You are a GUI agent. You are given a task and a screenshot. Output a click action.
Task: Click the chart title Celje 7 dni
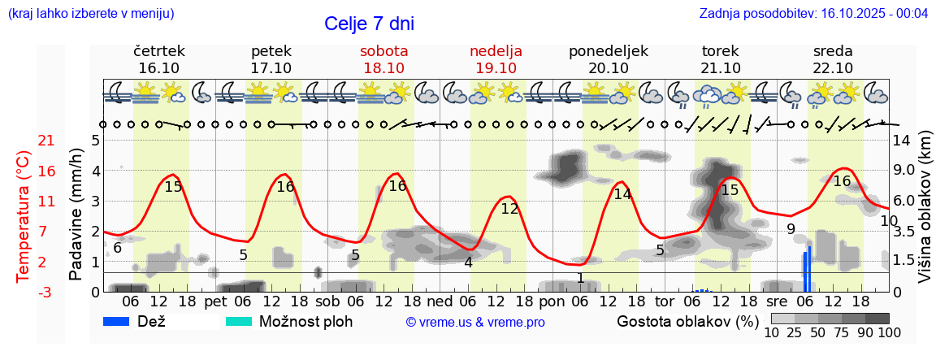[x=375, y=24]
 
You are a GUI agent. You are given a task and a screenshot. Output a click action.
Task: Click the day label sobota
[x=383, y=51]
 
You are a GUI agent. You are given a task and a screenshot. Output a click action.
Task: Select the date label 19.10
[x=496, y=68]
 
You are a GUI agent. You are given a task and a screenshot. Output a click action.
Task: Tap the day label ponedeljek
[x=609, y=51]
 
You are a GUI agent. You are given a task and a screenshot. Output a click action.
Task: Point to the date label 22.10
[x=833, y=68]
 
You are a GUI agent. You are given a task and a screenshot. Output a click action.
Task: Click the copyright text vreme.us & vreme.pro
[x=475, y=322]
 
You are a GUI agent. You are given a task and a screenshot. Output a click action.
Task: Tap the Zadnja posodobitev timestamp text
[x=813, y=14]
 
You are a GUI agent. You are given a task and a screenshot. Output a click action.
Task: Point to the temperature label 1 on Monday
[x=580, y=278]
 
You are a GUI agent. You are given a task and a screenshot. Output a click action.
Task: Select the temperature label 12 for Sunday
[x=509, y=209]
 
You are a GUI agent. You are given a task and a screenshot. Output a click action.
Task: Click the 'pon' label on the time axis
[x=552, y=301]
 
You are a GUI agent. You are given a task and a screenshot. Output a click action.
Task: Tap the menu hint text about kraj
[x=91, y=14]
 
